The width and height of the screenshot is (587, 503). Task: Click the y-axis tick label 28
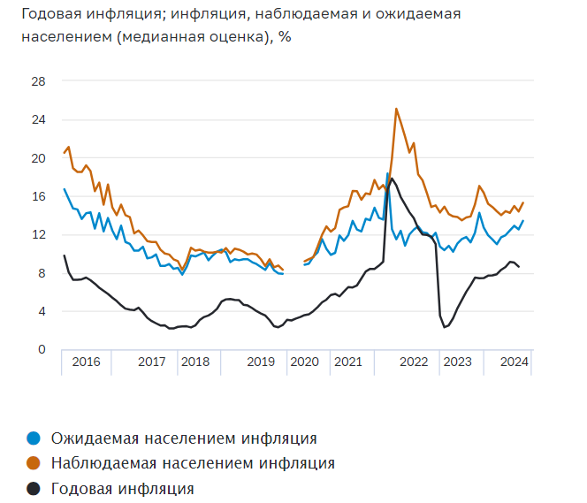tap(39, 81)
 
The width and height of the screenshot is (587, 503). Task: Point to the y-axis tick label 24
tap(39, 119)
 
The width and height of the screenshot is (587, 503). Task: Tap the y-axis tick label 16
tap(39, 196)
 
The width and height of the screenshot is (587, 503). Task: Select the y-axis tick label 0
tap(42, 349)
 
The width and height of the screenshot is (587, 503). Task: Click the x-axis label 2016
tap(86, 362)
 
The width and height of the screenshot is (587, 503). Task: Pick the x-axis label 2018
tap(194, 362)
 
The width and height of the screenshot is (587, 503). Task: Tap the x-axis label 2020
tap(303, 362)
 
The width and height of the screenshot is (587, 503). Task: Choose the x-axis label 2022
tap(414, 362)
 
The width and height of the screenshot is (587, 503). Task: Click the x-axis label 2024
tap(514, 362)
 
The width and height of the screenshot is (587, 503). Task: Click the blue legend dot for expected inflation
tap(34, 438)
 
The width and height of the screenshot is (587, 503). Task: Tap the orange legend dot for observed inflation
tap(34, 462)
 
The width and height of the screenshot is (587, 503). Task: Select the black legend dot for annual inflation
tap(34, 488)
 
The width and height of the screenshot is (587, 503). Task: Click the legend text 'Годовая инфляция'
tap(122, 488)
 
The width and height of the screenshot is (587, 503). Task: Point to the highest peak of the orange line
tap(396, 109)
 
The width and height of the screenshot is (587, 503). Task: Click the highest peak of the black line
tap(392, 179)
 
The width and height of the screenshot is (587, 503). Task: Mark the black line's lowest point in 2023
tap(445, 327)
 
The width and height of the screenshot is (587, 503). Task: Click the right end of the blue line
tap(523, 221)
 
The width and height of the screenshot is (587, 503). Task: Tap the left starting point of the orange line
tap(65, 153)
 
